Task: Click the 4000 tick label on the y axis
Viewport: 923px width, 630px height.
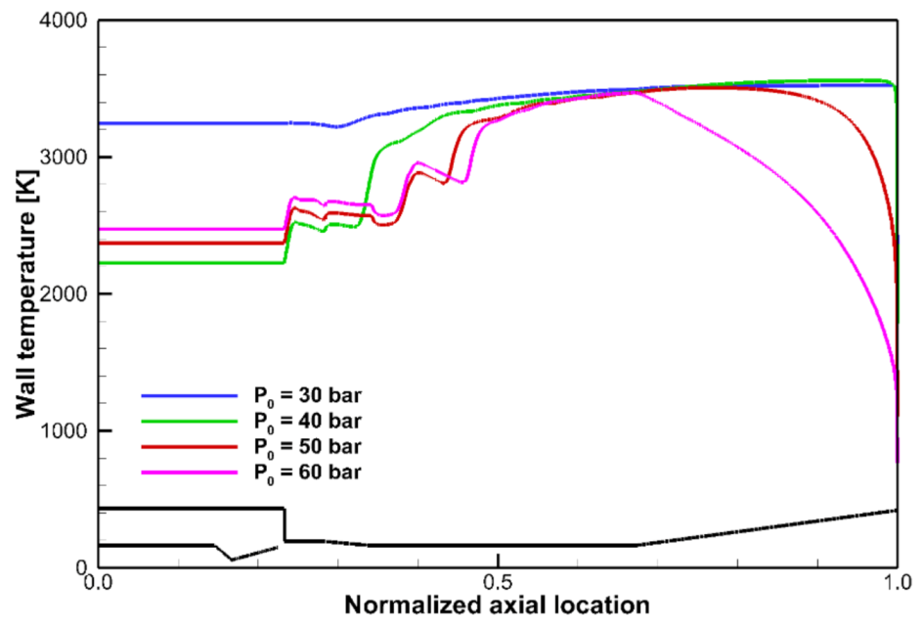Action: (x=66, y=21)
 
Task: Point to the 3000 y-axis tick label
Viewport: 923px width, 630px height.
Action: (x=66, y=157)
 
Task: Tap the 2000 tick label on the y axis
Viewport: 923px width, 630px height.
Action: (x=66, y=294)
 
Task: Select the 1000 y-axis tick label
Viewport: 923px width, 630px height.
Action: (x=66, y=430)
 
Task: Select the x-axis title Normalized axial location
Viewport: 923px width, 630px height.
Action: (x=497, y=607)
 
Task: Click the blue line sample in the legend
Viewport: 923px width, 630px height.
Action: (x=191, y=396)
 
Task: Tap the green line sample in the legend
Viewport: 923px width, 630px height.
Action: (x=191, y=422)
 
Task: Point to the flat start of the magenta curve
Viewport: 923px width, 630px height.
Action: (x=186, y=229)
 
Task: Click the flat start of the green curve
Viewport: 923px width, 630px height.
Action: (x=186, y=262)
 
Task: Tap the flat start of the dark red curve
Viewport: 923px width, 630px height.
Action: (x=186, y=243)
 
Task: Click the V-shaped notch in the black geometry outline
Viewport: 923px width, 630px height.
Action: (x=232, y=559)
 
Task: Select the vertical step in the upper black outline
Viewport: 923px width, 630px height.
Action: (x=284, y=524)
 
